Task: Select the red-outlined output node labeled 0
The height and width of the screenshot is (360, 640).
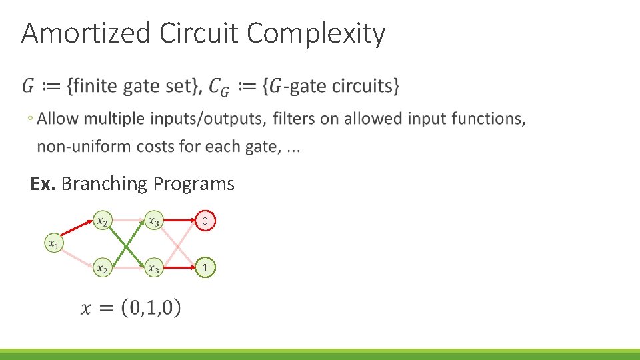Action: (206, 221)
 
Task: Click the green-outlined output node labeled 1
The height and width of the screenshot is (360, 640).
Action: (206, 268)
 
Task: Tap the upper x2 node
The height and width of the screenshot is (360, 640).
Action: (102, 220)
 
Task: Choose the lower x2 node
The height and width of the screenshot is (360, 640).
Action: (102, 268)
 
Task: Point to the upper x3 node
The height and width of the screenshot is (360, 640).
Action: (154, 220)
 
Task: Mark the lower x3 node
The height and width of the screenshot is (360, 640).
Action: (154, 268)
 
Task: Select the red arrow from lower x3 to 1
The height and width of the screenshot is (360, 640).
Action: (180, 268)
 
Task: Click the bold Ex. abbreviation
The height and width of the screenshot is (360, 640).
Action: (43, 184)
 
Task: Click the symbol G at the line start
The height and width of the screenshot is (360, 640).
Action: (29, 86)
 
